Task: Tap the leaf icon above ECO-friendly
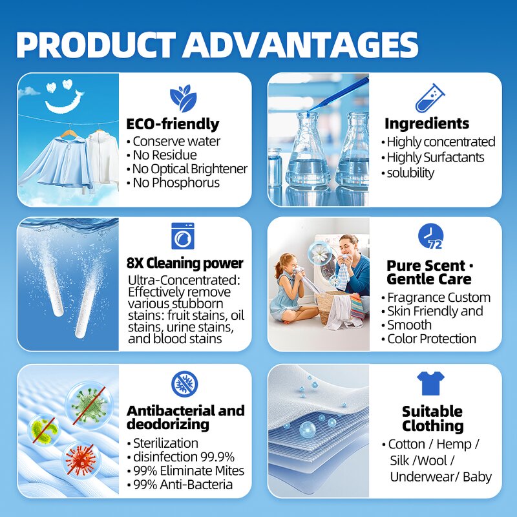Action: point(183,98)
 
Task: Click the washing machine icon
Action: point(183,236)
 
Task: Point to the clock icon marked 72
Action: point(430,236)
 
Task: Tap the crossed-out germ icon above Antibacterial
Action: point(184,384)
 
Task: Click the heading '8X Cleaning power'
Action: point(185,263)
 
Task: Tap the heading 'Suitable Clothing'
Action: point(432,419)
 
